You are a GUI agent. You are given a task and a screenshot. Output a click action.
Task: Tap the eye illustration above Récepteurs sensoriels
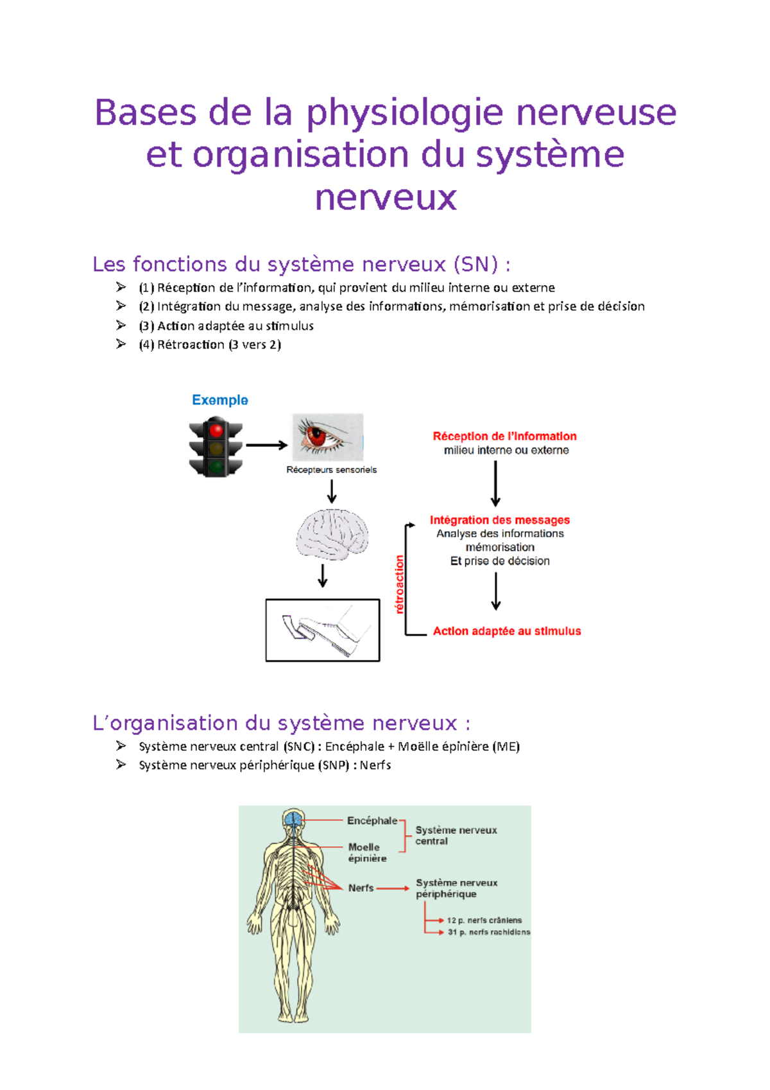point(328,437)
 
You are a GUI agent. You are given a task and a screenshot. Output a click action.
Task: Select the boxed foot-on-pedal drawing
point(323,630)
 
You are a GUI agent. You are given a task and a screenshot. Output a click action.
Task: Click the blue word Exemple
point(220,400)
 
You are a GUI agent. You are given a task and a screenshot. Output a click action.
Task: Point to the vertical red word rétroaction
point(400,584)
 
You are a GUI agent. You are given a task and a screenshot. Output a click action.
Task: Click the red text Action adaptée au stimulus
point(507,631)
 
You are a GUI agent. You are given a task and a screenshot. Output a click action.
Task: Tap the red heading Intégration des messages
point(500,520)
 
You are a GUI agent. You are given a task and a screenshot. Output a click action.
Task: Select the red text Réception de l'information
point(504,436)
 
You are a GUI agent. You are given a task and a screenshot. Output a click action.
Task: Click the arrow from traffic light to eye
point(266,445)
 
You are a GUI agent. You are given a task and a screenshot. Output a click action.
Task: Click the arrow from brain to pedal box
point(323,576)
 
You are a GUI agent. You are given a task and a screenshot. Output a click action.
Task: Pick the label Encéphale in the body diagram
point(372,820)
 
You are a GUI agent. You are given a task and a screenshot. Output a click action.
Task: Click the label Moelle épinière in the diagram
point(367,852)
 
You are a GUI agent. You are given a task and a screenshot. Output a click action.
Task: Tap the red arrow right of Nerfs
point(393,888)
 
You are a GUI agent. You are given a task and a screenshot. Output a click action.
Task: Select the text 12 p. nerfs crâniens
point(484,920)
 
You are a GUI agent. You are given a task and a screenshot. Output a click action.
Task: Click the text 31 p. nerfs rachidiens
point(489,932)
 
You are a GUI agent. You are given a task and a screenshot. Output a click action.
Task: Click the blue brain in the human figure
point(293,819)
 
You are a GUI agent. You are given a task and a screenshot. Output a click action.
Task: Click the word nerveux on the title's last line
point(386,197)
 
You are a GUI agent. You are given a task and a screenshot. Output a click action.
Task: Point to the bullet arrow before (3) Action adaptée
point(121,325)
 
